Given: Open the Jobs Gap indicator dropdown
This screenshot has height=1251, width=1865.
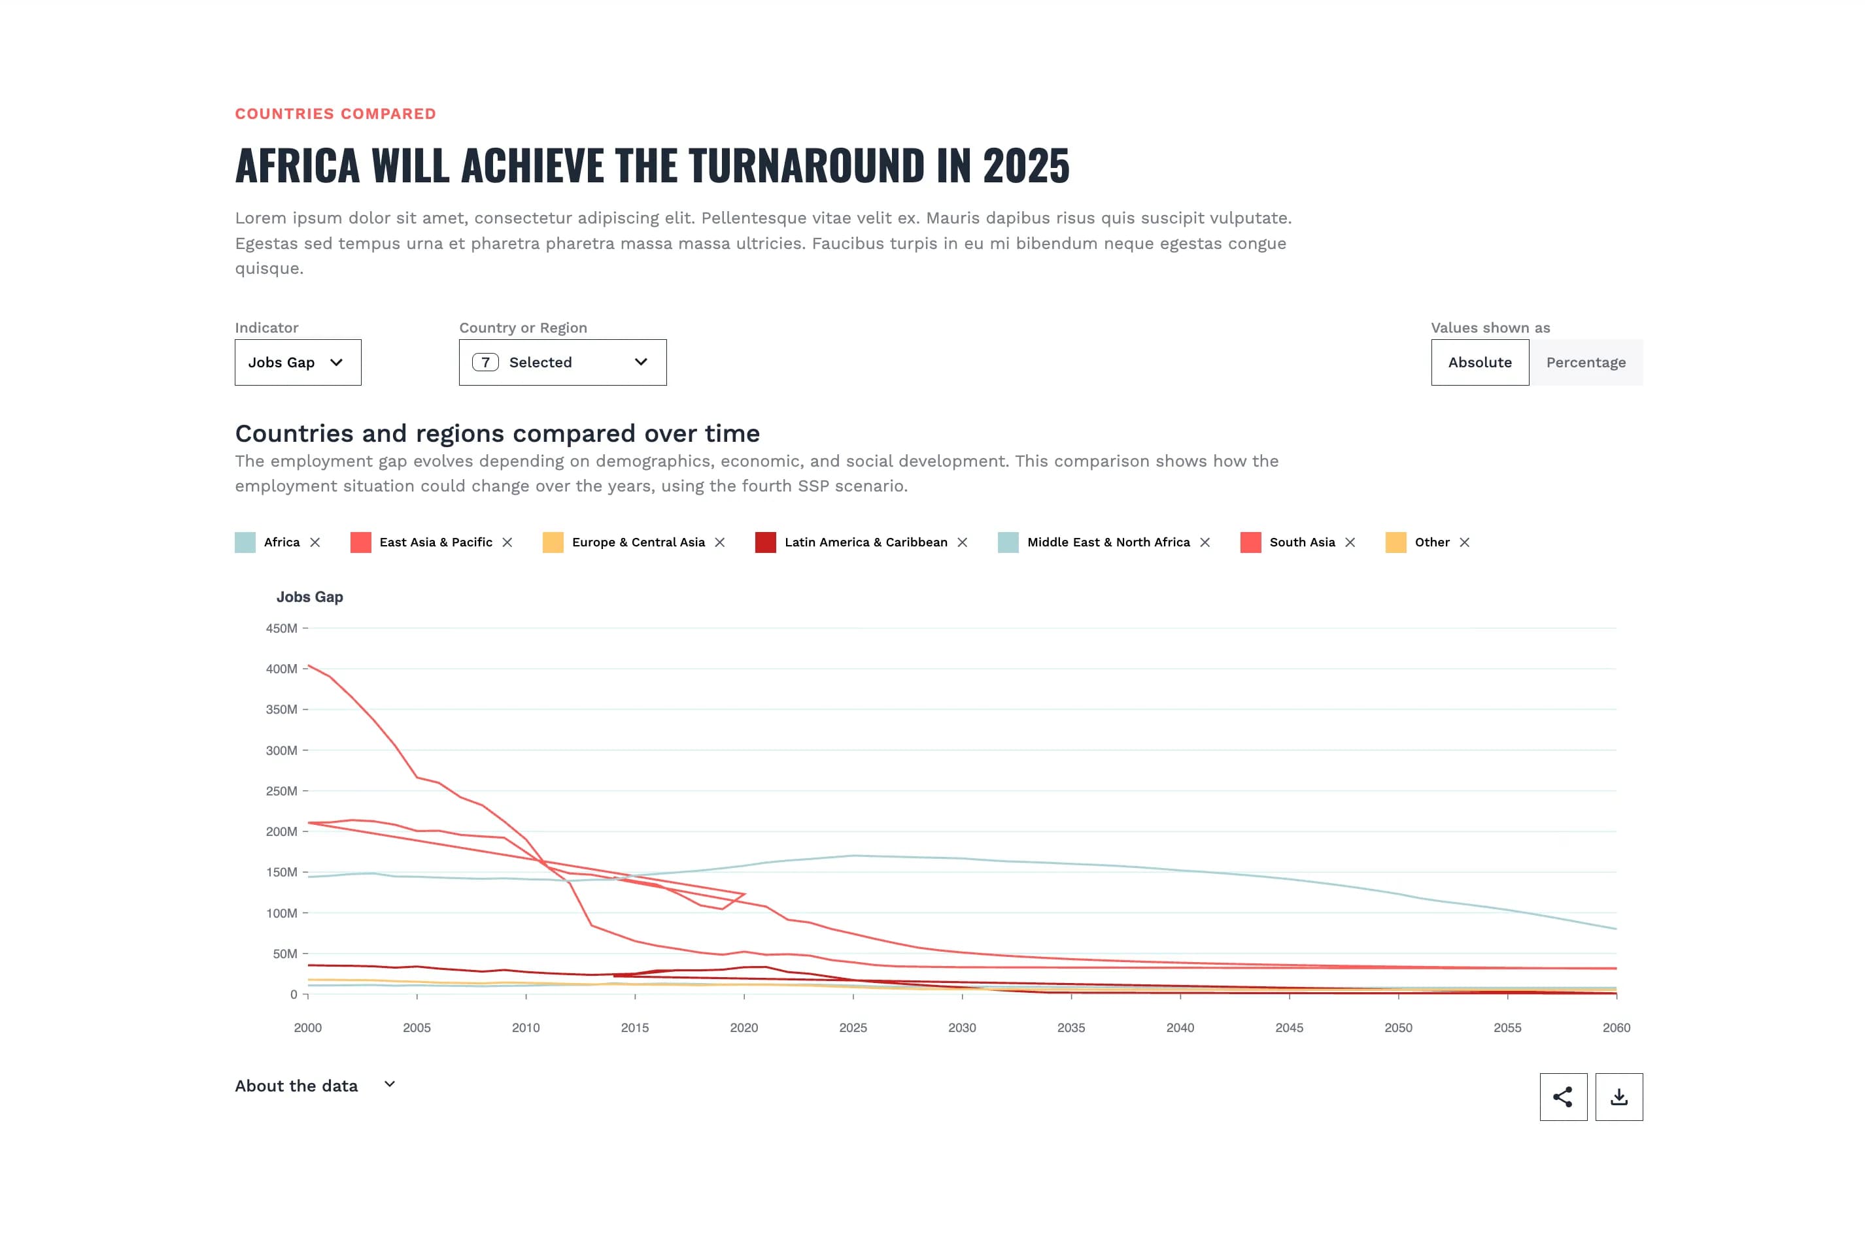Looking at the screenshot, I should click(x=297, y=362).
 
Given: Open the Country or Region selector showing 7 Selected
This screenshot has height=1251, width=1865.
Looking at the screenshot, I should click(x=562, y=362).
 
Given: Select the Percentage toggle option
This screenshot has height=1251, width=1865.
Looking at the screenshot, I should click(x=1585, y=362).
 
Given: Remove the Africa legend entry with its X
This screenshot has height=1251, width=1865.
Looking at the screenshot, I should click(x=315, y=542).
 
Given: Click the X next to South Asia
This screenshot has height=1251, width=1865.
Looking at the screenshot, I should click(x=1350, y=542).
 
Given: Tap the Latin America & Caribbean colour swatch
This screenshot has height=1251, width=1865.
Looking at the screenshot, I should click(x=765, y=542).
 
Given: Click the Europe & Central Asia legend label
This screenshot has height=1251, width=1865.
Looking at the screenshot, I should click(x=638, y=542).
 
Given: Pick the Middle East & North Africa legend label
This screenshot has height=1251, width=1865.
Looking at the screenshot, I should click(x=1108, y=542).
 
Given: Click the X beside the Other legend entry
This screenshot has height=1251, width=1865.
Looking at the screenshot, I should click(x=1463, y=542).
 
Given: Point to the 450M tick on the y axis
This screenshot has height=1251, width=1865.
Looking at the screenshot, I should click(x=281, y=629).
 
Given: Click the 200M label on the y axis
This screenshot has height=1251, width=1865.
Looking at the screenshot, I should click(x=281, y=831).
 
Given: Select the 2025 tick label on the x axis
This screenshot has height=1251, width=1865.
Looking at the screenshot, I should click(x=852, y=1027).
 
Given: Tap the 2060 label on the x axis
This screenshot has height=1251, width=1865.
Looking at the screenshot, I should click(x=1615, y=1027).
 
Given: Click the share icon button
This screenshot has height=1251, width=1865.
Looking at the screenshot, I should click(x=1562, y=1097).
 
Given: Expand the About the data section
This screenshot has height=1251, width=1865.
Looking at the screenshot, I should click(x=315, y=1086).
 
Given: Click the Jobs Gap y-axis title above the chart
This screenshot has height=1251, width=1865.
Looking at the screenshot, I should click(x=310, y=597).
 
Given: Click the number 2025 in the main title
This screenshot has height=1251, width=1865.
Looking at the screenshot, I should click(x=1025, y=166).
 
